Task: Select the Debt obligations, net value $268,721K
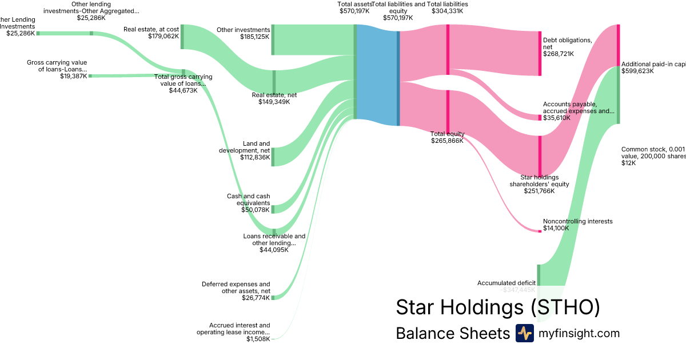pyautogui.click(x=559, y=54)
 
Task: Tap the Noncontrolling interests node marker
pyautogui.click(x=540, y=231)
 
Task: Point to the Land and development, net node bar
pyautogui.click(x=273, y=157)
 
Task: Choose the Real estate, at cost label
pyautogui.click(x=151, y=29)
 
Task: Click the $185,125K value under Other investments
pyautogui.click(x=255, y=37)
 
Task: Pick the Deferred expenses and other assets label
pyautogui.click(x=236, y=287)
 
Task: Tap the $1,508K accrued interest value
pyautogui.click(x=258, y=339)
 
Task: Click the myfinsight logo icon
pyautogui.click(x=524, y=333)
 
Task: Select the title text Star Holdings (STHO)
pyautogui.click(x=498, y=307)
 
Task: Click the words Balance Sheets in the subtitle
pyautogui.click(x=452, y=333)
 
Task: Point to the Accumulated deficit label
pyautogui.click(x=506, y=283)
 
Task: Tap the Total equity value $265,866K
pyautogui.click(x=448, y=141)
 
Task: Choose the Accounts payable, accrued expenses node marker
pyautogui.click(x=540, y=118)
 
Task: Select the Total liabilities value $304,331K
pyautogui.click(x=448, y=10)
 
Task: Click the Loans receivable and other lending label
pyautogui.click(x=274, y=239)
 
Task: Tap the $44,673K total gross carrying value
pyautogui.click(x=183, y=90)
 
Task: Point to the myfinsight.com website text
pyautogui.click(x=579, y=333)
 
